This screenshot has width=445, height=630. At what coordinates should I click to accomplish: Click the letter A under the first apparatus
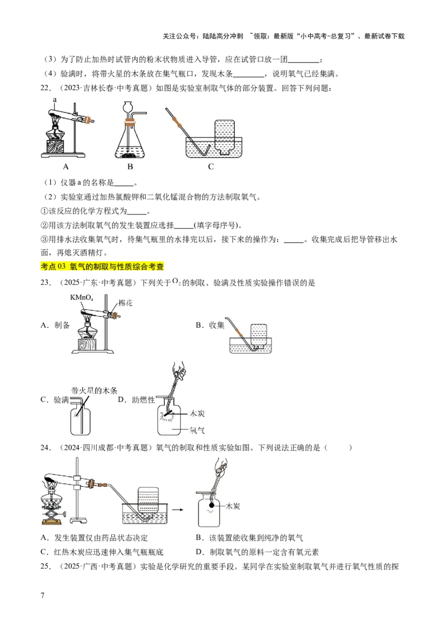click(x=66, y=166)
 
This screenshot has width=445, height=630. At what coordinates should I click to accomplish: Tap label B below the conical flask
click(x=130, y=166)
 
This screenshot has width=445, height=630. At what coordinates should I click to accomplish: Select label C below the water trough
click(x=211, y=166)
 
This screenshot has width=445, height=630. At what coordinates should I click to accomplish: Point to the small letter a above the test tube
click(x=55, y=99)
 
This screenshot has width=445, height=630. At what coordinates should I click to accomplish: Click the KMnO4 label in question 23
click(x=82, y=298)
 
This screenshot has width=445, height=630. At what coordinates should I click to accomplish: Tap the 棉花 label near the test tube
click(x=125, y=303)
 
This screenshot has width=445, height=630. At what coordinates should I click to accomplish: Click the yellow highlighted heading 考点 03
click(x=102, y=267)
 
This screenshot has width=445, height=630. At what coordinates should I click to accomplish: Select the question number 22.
click(x=46, y=88)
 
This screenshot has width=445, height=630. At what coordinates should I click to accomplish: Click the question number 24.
click(x=46, y=447)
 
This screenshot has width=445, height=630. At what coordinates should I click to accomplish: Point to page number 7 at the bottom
click(x=43, y=595)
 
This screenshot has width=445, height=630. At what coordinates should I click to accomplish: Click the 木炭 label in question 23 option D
click(x=197, y=414)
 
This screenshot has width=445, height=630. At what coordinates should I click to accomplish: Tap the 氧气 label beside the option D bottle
click(x=197, y=430)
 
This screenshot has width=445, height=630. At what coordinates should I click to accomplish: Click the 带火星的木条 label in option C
click(x=95, y=390)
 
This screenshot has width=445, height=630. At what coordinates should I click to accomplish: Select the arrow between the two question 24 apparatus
click(x=177, y=510)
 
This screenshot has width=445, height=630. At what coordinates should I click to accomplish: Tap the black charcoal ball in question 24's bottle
click(x=212, y=505)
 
